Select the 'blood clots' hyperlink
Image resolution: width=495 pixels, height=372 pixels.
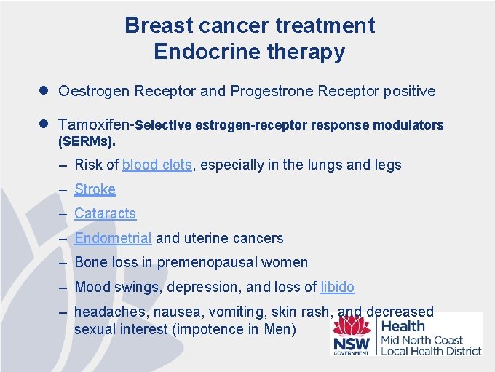pos(157,165)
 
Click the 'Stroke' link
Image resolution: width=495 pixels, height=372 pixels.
pos(95,190)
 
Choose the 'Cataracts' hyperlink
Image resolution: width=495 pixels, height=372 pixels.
pos(105,214)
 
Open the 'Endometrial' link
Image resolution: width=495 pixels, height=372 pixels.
pos(113,238)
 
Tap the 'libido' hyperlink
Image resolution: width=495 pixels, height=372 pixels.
pos(337,288)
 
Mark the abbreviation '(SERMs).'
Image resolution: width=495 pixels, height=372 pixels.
pos(87,139)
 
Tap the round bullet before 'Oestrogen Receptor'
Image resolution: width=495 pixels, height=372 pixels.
pos(45,91)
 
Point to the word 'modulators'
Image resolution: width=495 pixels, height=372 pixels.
pos(408,125)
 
